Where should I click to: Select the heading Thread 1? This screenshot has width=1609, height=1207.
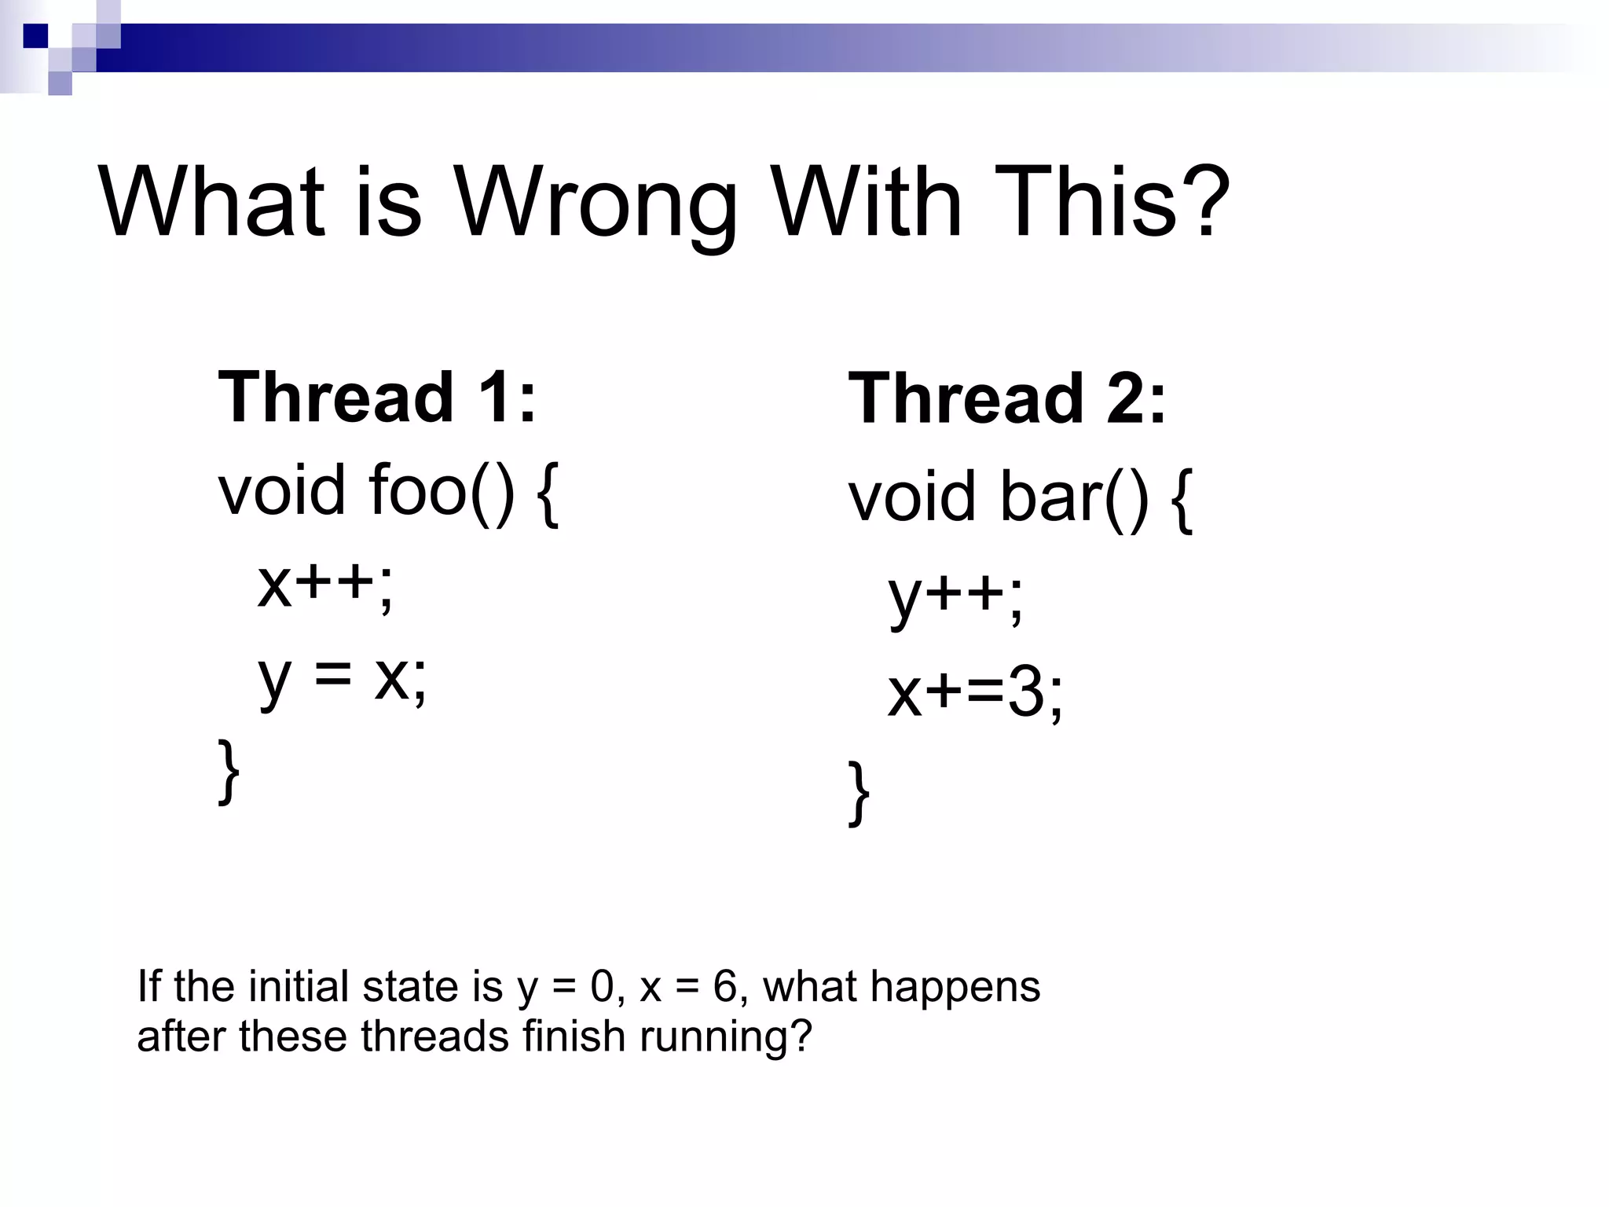(x=377, y=398)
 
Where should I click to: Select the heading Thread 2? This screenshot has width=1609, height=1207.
(x=1007, y=399)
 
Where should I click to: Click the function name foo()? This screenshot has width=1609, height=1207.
(x=442, y=491)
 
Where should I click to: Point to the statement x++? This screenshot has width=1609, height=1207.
(x=325, y=585)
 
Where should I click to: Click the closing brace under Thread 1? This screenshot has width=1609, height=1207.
(x=229, y=771)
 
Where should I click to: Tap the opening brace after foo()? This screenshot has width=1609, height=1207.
(x=548, y=495)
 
